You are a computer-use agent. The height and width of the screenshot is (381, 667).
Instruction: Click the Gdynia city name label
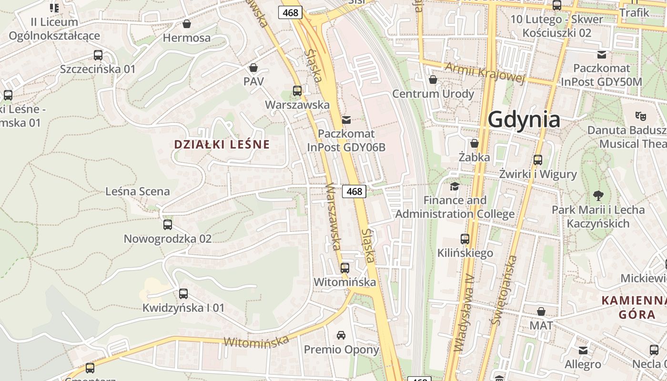point(524,119)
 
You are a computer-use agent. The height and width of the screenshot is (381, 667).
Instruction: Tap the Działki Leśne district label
point(222,144)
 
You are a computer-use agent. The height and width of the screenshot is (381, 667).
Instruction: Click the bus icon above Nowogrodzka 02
point(167,225)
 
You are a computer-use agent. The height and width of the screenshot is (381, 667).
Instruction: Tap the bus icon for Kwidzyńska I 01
point(183,294)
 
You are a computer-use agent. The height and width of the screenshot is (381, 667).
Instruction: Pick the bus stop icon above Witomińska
point(344,268)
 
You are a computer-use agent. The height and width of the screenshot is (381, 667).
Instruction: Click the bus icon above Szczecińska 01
point(98,55)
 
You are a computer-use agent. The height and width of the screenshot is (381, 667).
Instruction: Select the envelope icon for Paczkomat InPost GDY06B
point(346,120)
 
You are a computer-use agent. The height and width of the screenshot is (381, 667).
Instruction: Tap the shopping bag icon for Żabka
point(474,143)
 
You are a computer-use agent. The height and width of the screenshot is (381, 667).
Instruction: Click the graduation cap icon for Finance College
point(455,186)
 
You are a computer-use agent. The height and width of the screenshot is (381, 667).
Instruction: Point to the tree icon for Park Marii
point(598,195)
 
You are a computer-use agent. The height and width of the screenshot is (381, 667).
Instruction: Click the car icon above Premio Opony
point(341,335)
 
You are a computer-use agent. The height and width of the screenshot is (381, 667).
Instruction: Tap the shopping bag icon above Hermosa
point(187,24)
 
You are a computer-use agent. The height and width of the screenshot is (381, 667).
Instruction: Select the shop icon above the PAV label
point(253,68)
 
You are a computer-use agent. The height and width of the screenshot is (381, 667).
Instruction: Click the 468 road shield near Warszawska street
point(354,191)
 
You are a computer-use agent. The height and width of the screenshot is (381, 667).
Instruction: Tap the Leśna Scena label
point(137,191)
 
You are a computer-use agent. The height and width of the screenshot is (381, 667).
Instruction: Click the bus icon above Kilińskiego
point(465,239)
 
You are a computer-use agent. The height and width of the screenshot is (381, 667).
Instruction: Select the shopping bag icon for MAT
point(541,311)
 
